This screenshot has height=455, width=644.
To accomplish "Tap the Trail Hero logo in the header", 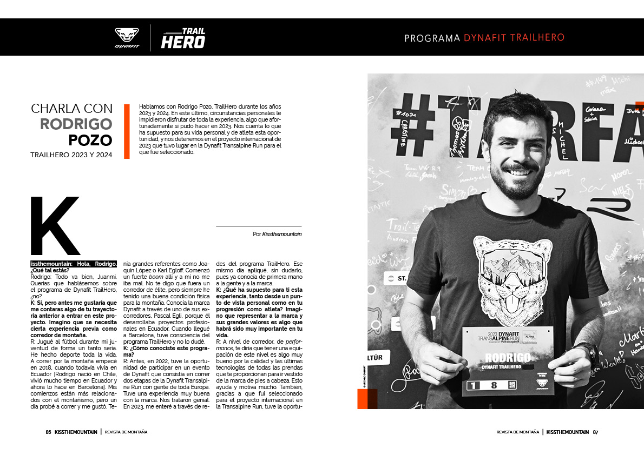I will (183, 38).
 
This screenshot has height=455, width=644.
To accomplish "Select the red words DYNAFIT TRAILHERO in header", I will (514, 38).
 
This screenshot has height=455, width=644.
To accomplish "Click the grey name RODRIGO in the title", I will (76, 124).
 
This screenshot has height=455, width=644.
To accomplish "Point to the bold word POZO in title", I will (90, 140).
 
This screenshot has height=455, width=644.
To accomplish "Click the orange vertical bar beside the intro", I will (127, 131).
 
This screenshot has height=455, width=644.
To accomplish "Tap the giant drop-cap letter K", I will (55, 226).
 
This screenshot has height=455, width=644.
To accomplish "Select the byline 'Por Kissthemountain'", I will (277, 235).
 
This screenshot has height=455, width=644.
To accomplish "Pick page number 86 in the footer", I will (48, 432).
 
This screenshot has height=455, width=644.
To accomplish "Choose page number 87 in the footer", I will (596, 432).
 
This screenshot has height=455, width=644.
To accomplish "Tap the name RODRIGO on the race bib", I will (508, 358).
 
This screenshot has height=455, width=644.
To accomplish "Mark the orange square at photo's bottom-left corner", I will (367, 399).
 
